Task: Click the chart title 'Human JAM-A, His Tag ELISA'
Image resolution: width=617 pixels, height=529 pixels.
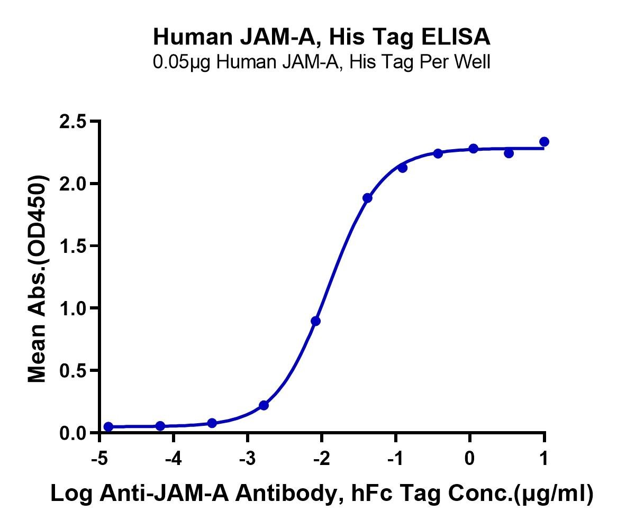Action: (x=322, y=37)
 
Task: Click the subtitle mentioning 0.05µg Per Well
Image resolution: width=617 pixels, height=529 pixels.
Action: (x=322, y=62)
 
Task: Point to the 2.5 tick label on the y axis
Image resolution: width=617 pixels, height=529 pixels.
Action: (x=73, y=122)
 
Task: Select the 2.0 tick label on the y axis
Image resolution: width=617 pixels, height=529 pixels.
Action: (x=73, y=184)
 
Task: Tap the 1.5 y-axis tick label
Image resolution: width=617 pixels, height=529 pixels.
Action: (x=73, y=246)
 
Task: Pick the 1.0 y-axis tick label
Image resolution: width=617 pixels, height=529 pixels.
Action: (x=73, y=308)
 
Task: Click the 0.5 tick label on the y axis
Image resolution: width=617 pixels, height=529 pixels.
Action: (x=73, y=370)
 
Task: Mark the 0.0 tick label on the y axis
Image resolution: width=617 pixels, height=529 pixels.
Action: (x=73, y=433)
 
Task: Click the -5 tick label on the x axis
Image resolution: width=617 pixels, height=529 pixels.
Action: (x=99, y=458)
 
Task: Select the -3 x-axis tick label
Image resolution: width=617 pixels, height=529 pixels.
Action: (x=248, y=458)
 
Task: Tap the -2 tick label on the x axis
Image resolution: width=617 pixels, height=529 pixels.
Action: (x=322, y=458)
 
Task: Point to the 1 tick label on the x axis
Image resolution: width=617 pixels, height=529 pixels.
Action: (x=544, y=458)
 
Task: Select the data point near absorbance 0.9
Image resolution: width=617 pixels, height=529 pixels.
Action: (x=315, y=321)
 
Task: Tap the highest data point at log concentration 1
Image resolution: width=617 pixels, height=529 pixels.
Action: (x=544, y=142)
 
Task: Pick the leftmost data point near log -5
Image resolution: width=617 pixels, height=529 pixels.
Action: (x=108, y=427)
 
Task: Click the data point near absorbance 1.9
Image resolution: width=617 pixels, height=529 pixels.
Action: (x=368, y=198)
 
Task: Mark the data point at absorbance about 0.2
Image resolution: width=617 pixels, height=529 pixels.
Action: (x=264, y=405)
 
